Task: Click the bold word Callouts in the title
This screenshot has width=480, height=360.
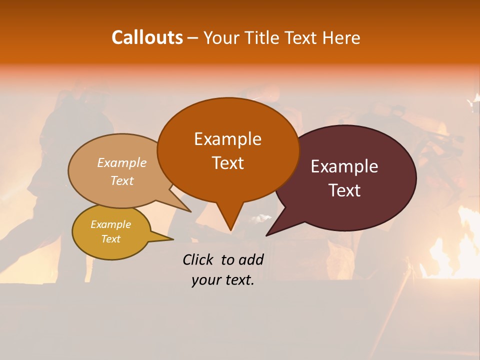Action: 147,37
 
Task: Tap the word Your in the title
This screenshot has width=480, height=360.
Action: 221,37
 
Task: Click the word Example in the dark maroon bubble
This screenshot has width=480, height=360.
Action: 344,166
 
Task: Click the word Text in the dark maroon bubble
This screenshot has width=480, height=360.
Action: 344,190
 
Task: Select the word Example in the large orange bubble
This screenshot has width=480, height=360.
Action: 227,139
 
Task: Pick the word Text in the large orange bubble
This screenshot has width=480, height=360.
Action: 227,163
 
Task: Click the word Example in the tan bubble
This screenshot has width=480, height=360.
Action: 122,163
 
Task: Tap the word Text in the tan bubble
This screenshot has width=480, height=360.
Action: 122,180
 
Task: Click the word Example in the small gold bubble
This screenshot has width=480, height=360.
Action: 111,224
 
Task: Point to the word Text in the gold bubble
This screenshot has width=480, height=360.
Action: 111,239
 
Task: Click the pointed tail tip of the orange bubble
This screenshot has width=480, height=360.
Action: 230,230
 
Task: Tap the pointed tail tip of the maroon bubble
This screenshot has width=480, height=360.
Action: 267,235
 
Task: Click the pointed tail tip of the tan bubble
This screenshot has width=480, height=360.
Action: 190,211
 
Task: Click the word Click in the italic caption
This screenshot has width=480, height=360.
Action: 199,259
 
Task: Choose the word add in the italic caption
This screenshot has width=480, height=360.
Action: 250,259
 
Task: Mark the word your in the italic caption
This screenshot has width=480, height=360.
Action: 206,280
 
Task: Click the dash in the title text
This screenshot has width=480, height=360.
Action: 193,38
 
